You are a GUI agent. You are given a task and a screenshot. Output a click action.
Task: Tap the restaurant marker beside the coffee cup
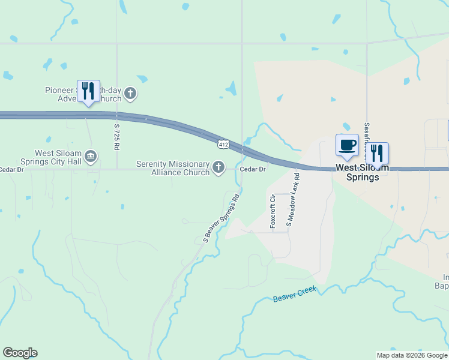pos(378,154)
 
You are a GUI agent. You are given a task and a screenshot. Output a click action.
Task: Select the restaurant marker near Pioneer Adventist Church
pos(88,92)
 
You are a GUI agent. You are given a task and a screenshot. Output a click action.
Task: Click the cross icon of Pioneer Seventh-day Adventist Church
pos(131,94)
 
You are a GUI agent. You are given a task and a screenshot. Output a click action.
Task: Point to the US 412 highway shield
pos(223,144)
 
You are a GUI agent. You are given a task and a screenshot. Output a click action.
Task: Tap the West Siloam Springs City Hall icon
pos(91,157)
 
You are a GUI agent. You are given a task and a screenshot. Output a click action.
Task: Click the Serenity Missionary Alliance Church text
pos(173,167)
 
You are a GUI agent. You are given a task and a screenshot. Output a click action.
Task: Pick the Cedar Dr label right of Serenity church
pos(252,169)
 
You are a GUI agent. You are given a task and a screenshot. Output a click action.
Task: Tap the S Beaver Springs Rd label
pos(221,217)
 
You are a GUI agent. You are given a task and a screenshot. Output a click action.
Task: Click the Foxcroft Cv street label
pos(273,211)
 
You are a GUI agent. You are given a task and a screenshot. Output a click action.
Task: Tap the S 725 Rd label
pos(118,137)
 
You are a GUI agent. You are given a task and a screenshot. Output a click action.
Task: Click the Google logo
pos(20,353)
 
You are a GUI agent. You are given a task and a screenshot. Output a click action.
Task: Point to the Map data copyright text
pos(411,355)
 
